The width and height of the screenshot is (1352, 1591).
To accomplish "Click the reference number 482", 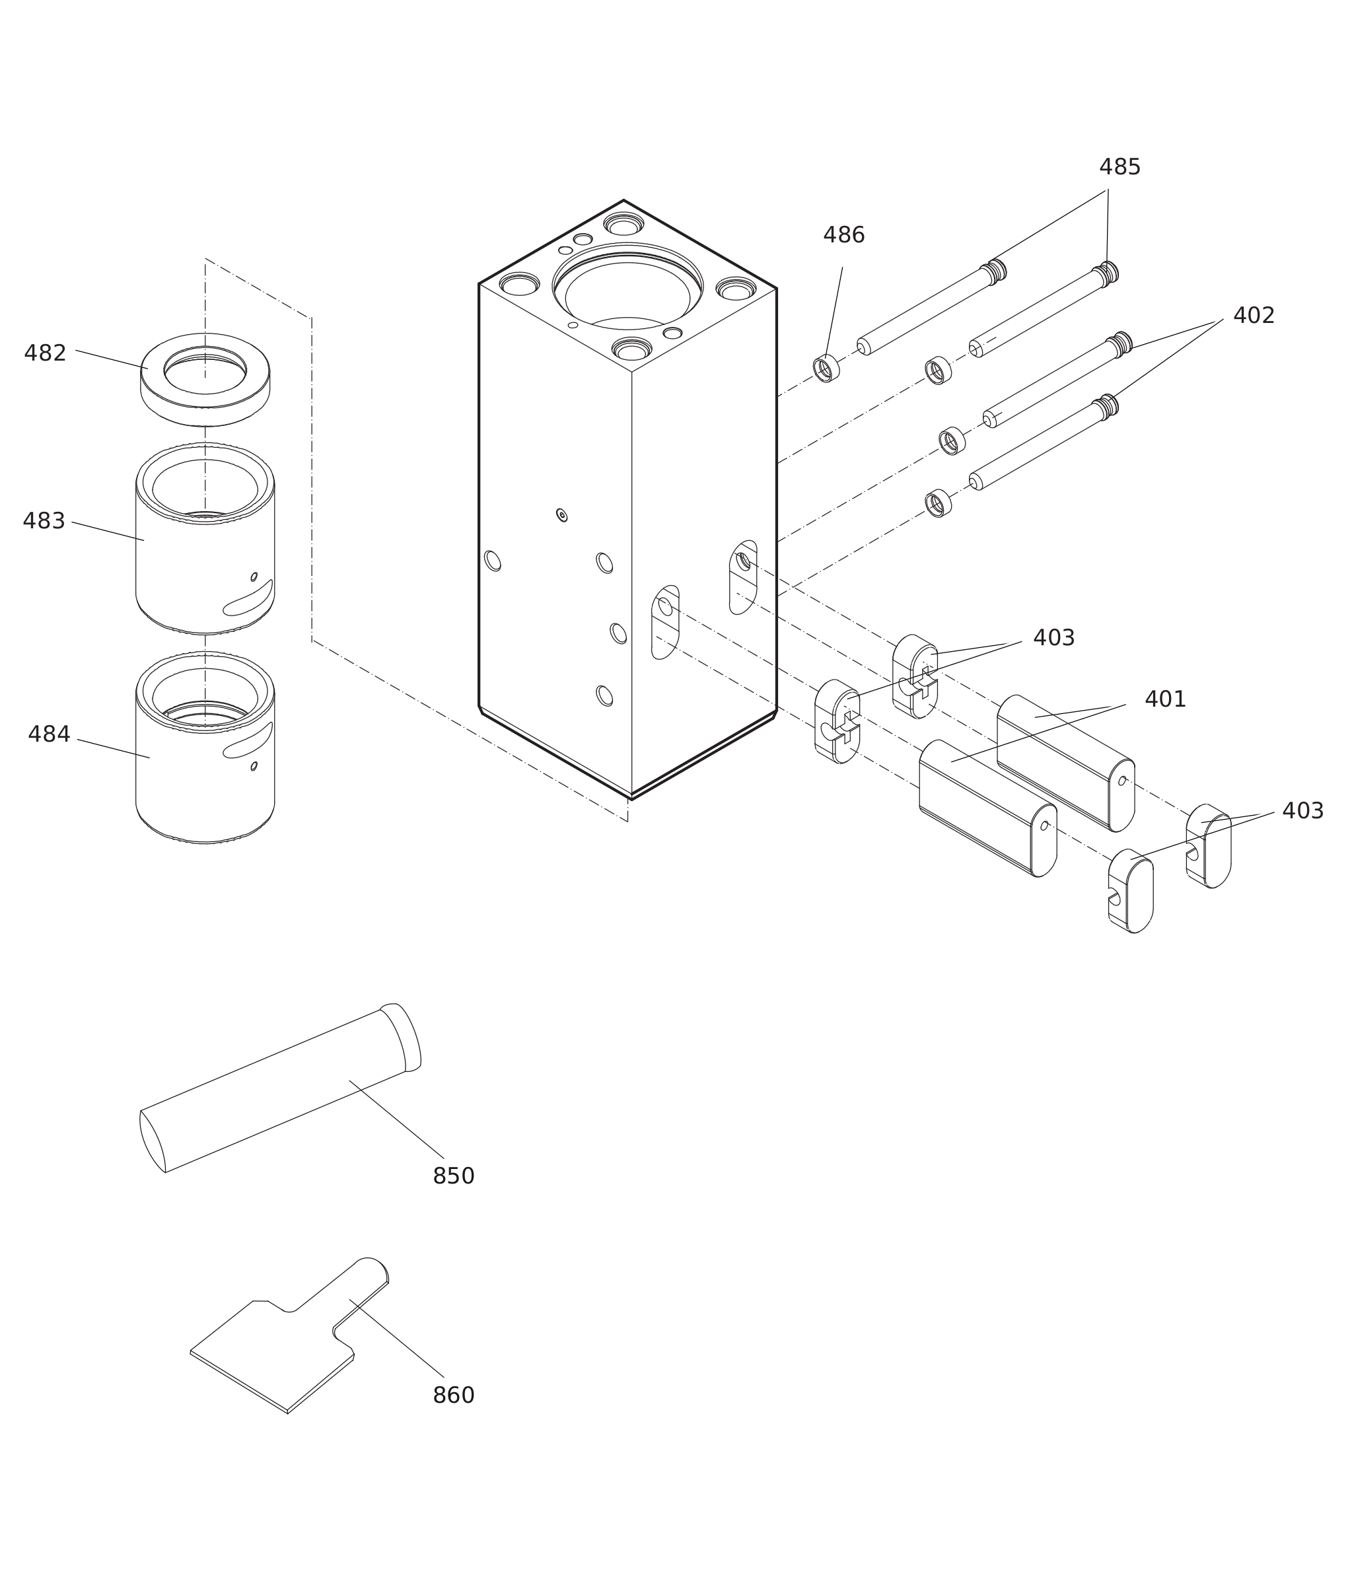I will tap(45, 353).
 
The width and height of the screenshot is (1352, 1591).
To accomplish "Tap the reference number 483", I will tap(44, 521).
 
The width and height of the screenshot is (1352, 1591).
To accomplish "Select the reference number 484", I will tap(49, 734).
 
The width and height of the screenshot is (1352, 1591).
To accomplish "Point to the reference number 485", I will tap(1120, 167).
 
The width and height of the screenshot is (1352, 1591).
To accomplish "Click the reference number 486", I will tap(844, 235).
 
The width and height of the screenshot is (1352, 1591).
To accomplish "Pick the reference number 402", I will tap(1254, 316).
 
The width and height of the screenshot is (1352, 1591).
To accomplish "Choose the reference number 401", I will tap(1165, 699).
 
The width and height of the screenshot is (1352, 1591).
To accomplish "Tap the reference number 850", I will tap(454, 1176).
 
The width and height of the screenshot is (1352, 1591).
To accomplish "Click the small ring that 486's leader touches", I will tap(826, 369).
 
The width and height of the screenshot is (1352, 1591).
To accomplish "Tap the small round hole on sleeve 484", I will tap(254, 765).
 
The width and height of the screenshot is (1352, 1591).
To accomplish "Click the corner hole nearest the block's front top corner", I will tap(631, 350).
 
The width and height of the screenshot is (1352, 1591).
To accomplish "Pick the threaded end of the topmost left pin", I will tap(995, 271).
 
